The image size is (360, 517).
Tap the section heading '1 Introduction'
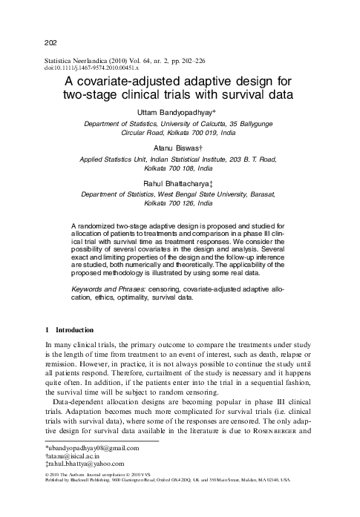click(x=69, y=329)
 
